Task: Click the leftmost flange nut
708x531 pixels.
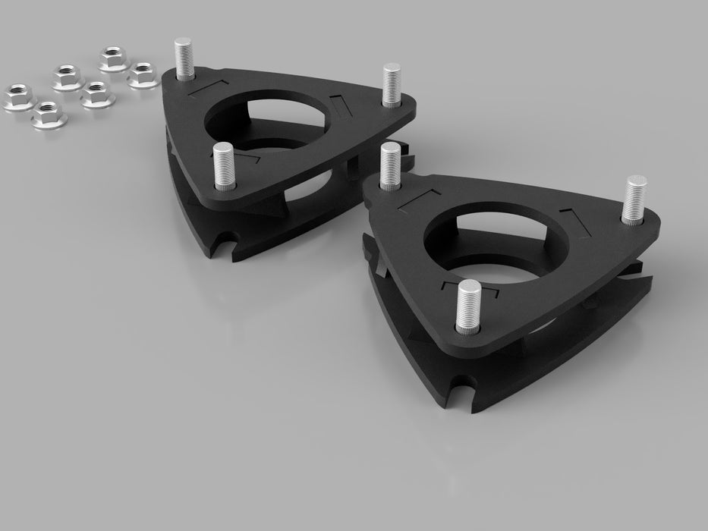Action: pos(16,96)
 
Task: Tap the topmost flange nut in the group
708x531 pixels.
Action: pos(112,57)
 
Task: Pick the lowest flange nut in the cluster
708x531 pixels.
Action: pos(47,115)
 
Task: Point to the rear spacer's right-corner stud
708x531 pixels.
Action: pos(392,84)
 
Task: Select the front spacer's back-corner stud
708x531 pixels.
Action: pos(390,164)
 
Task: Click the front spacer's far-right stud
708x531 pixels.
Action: pos(634,199)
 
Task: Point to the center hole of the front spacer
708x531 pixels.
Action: pos(486,243)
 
